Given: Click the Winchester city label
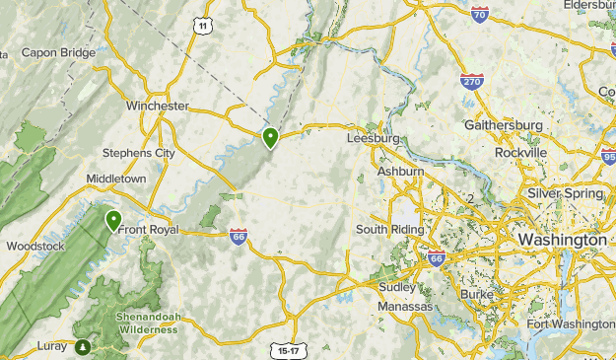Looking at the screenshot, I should tap(158, 106).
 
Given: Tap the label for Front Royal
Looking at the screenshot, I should tap(148, 230).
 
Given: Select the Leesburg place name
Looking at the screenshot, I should tap(374, 139).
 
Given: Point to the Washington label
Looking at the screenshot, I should tap(563, 240).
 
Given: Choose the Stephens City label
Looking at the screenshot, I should tap(139, 154).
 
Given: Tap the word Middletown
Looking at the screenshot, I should tap(115, 179).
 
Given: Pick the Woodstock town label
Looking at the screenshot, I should tap(34, 246).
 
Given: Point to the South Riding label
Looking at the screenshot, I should tap(389, 230).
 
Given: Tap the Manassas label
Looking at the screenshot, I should tap(406, 307).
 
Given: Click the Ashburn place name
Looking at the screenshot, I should tap(400, 172).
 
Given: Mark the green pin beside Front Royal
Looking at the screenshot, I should tap(113, 219).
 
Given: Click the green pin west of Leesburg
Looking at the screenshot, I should tap(270, 137).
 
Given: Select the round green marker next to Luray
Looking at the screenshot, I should tap(83, 346).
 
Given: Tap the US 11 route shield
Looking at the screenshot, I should tap(203, 27).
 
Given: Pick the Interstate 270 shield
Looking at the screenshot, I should tap(472, 82).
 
